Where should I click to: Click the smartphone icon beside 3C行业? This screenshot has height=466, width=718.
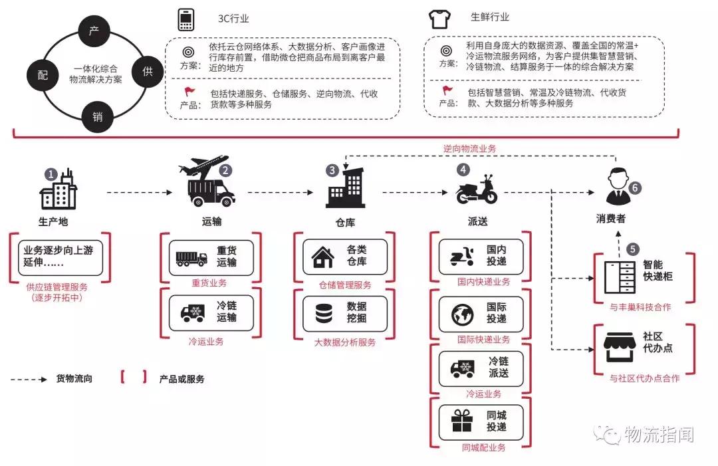(186, 20)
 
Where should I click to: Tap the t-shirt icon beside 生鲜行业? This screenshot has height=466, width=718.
(439, 19)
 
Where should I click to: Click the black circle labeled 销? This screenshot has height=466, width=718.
(97, 117)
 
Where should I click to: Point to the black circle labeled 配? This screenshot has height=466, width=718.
(43, 75)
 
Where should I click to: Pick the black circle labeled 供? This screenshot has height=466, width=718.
(148, 72)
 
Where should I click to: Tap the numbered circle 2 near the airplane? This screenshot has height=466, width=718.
(226, 170)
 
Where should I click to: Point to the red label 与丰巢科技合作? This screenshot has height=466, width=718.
(640, 307)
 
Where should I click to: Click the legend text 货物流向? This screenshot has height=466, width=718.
(74, 380)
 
